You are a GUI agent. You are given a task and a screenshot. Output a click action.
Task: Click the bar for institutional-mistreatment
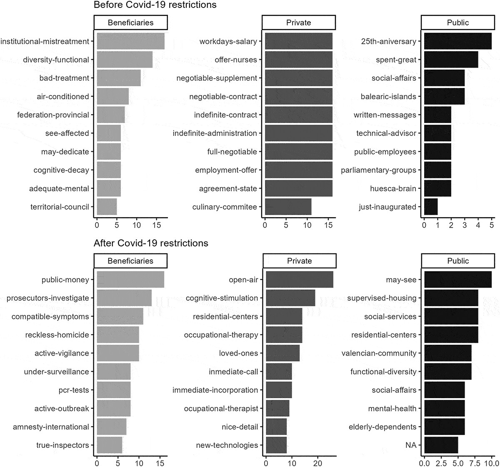pyautogui.click(x=130, y=41)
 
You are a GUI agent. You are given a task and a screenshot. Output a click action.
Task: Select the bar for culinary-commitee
pyautogui.click(x=288, y=207)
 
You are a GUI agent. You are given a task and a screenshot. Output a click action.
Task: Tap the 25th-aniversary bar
pyautogui.click(x=457, y=41)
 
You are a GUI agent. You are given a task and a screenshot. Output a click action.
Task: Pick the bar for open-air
pyautogui.click(x=299, y=280)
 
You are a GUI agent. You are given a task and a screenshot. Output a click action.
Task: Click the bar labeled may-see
pyautogui.click(x=457, y=280)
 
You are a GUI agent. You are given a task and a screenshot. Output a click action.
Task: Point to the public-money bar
pyautogui.click(x=130, y=280)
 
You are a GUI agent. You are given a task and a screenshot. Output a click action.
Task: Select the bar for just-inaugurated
pyautogui.click(x=431, y=207)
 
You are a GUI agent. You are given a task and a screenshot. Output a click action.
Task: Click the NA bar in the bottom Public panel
pyautogui.click(x=441, y=445)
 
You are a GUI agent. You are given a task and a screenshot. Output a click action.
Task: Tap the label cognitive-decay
pyautogui.click(x=61, y=170)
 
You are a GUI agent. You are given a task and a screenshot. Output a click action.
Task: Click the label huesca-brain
pyautogui.click(x=393, y=188)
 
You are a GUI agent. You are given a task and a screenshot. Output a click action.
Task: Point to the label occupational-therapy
pyautogui.click(x=221, y=335)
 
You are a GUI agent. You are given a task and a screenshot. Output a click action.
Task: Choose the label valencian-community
pyautogui.click(x=379, y=353)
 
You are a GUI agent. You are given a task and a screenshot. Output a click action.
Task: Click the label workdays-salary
pyautogui.click(x=228, y=41)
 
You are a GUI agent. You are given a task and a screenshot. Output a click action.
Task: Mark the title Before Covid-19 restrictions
pyautogui.click(x=155, y=5)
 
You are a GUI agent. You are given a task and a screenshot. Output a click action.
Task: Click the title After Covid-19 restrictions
pyautogui.click(x=151, y=243)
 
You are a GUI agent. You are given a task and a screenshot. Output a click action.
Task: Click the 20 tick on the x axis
pyautogui.click(x=318, y=462)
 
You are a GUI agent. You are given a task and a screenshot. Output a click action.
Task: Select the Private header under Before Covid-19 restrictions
pyautogui.click(x=298, y=23)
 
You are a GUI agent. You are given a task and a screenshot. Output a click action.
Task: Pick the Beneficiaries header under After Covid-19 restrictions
pyautogui.click(x=130, y=261)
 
